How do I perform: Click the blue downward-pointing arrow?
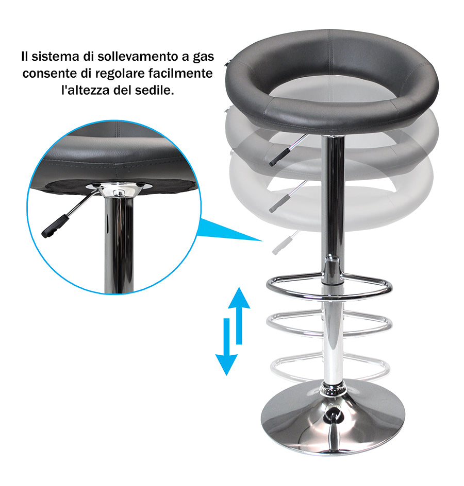point(226,346)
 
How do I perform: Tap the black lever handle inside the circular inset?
point(55,226)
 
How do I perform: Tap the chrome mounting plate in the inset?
point(119,187)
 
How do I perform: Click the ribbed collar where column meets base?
point(334,389)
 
